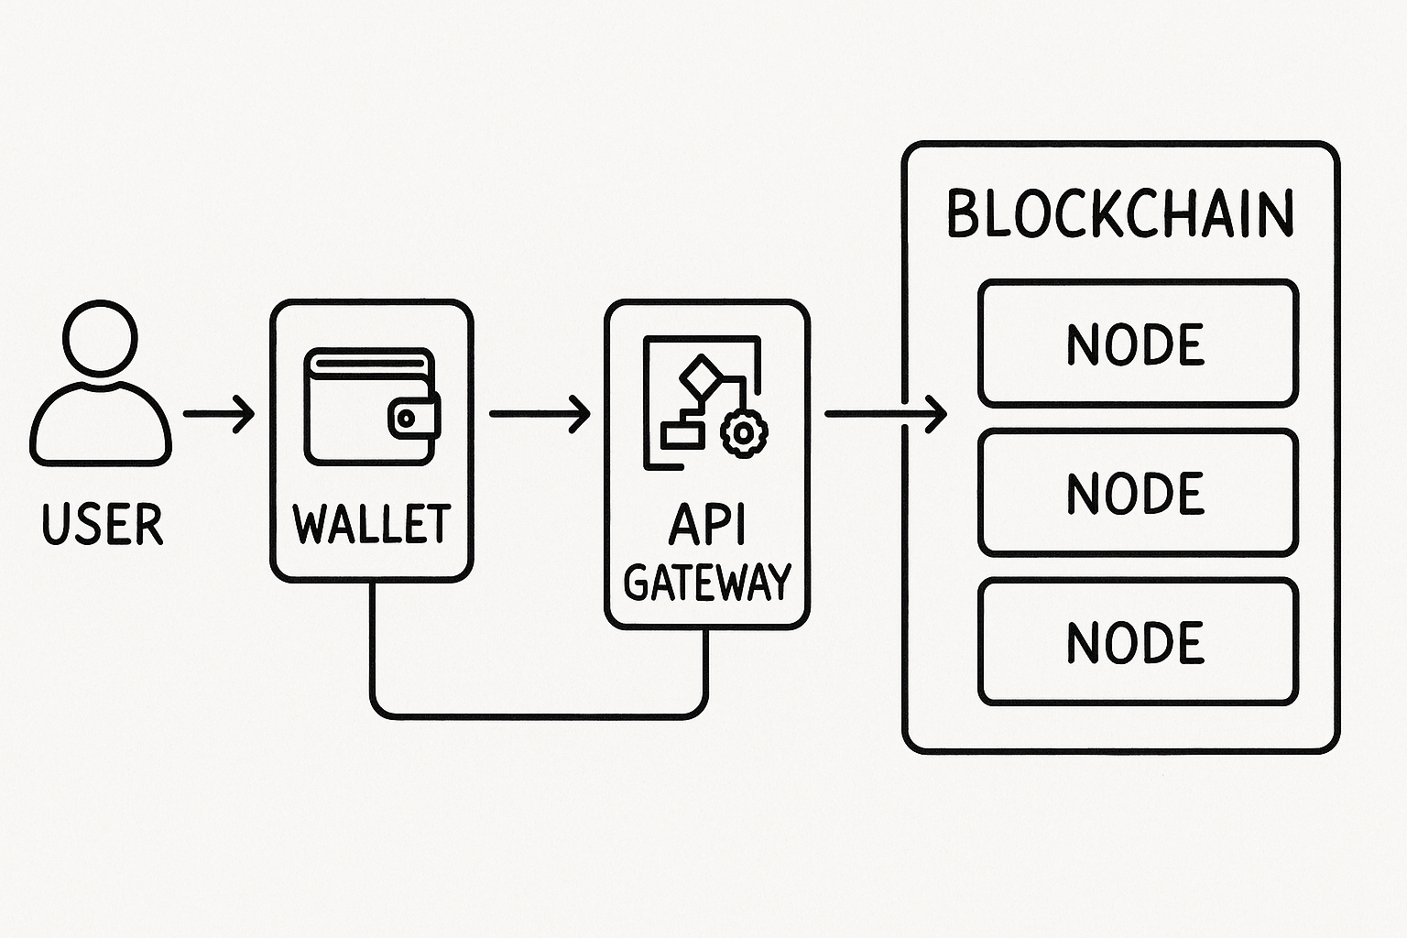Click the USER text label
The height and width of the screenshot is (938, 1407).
click(x=103, y=524)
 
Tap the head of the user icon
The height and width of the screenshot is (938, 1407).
click(x=101, y=337)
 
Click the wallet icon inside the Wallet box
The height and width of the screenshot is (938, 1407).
click(x=371, y=407)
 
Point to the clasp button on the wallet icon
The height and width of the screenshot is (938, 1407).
click(x=406, y=419)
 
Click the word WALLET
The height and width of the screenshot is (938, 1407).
click(x=371, y=523)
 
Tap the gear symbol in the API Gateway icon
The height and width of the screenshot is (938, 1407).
click(x=744, y=431)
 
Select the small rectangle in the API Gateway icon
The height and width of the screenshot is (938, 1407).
click(x=682, y=434)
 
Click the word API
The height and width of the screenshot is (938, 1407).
click(x=707, y=524)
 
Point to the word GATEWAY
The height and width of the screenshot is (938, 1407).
click(x=707, y=581)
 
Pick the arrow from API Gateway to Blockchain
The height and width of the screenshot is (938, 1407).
click(x=884, y=414)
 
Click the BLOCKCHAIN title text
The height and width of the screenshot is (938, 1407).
click(x=1119, y=214)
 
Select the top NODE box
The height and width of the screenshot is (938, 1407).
click(x=1138, y=344)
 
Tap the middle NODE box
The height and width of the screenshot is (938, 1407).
click(x=1138, y=493)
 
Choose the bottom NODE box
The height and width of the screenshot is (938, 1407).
click(x=1138, y=641)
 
